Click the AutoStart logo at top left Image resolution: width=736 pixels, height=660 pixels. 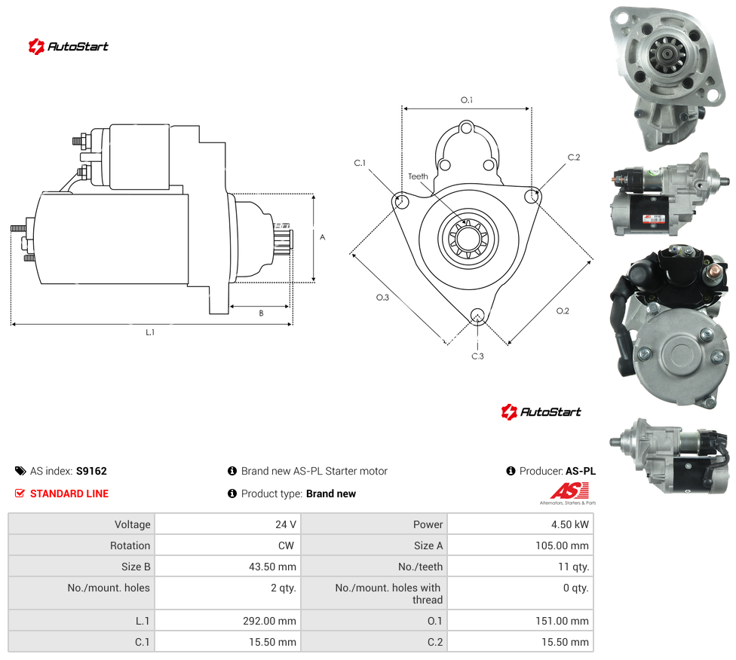tap(68, 47)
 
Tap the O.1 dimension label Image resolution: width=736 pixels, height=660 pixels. tap(467, 100)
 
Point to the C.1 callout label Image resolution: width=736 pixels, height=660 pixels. tap(360, 163)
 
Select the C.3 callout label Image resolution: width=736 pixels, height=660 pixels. tap(477, 356)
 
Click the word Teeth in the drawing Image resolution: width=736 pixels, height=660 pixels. tap(418, 176)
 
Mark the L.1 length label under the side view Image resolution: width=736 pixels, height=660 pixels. tap(150, 332)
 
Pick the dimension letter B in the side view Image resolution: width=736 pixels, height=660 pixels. tap(262, 313)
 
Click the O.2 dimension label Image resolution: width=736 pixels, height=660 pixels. tap(563, 311)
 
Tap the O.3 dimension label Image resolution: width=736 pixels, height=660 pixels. tap(382, 298)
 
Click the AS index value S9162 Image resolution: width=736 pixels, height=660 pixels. tap(91, 471)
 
